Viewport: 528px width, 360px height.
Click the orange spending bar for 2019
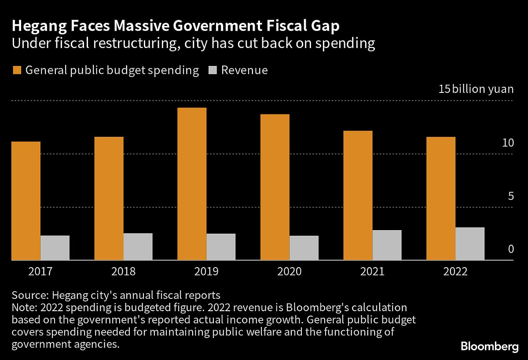click(x=192, y=184)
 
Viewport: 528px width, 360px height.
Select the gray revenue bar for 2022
click(x=470, y=243)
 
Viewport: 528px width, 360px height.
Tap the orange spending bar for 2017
click(x=26, y=201)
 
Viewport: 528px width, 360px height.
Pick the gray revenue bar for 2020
click(x=304, y=248)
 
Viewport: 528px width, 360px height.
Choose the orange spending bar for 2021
click(x=358, y=195)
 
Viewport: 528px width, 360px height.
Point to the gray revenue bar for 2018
click(x=138, y=246)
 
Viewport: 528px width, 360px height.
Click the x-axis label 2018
click(x=123, y=272)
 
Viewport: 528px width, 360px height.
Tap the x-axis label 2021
click(x=372, y=272)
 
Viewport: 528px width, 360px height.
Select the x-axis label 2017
click(x=40, y=272)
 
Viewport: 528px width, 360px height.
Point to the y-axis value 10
click(x=508, y=143)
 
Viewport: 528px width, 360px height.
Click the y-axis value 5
click(x=510, y=196)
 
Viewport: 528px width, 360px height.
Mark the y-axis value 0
click(x=510, y=249)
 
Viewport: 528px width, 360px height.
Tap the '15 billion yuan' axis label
click(x=476, y=89)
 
